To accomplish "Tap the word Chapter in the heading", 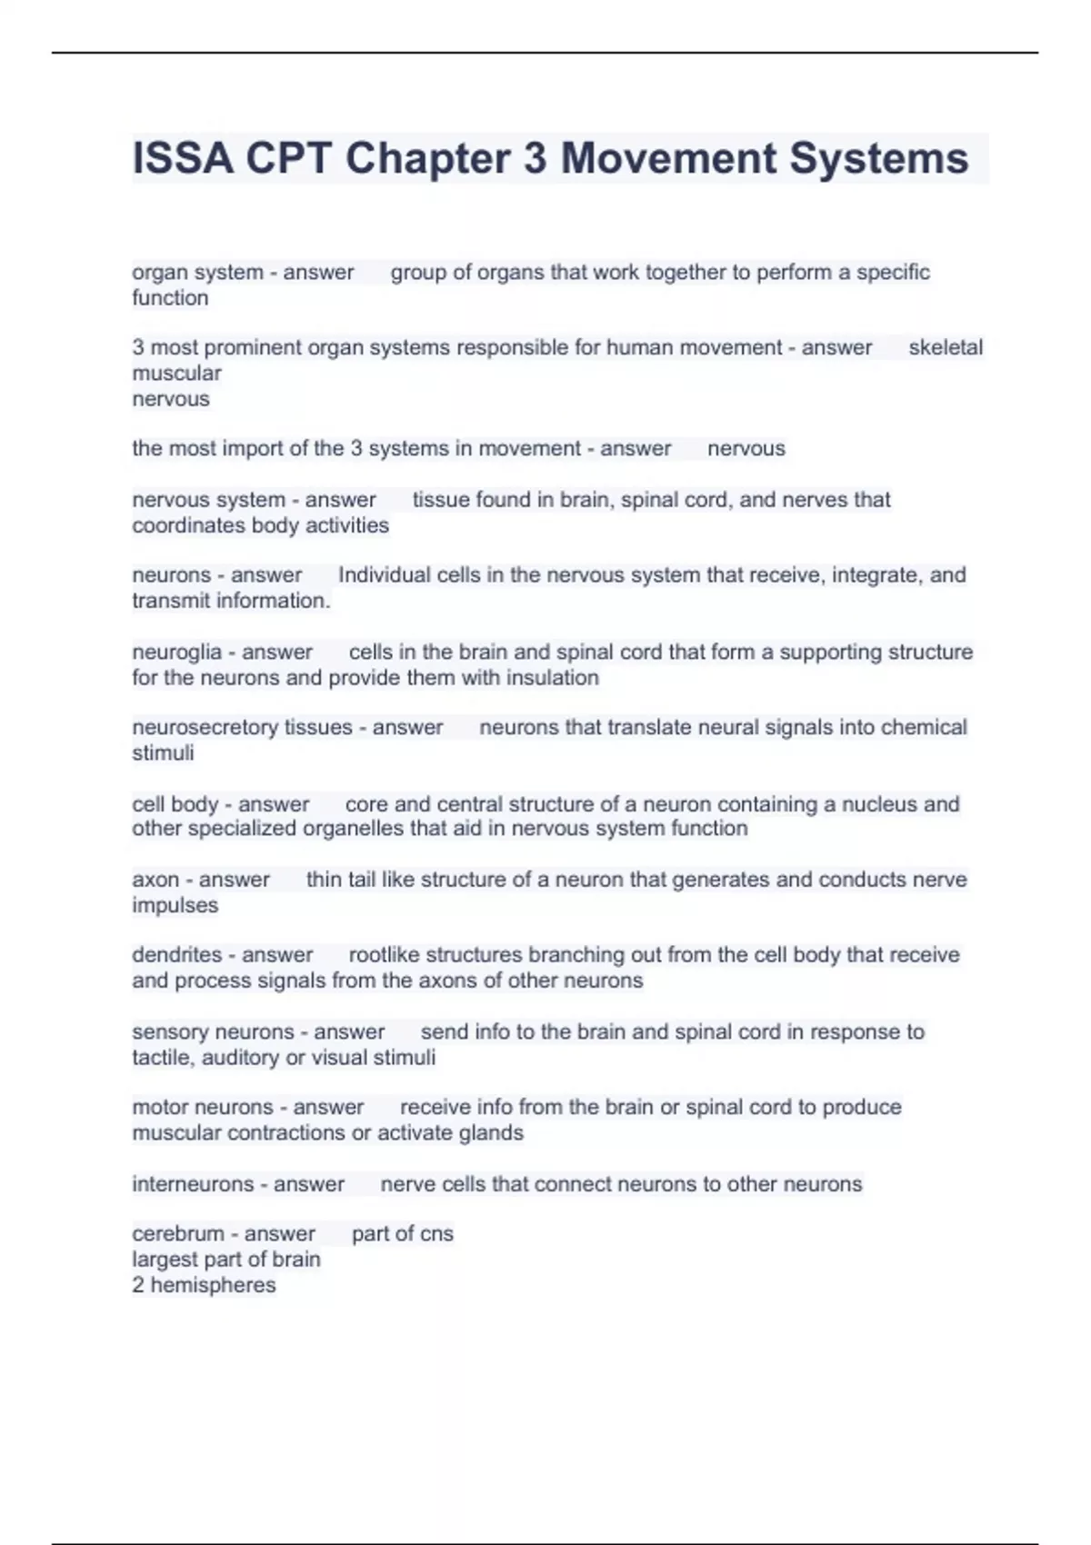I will point(427,158).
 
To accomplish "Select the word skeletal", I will point(946,347).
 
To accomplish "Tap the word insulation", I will point(552,677).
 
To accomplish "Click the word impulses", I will point(175,905).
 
